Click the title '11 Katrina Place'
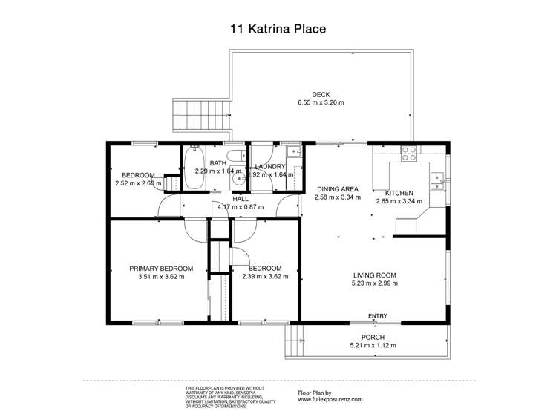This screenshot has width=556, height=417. coord(278,30)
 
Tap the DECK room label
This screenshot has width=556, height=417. coord(320,94)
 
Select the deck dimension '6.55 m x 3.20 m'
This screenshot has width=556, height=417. coord(320,102)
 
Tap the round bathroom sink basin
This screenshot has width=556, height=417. coord(238,178)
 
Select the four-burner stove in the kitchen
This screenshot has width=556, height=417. coord(408,154)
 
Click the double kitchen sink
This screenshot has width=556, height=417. coord(439,177)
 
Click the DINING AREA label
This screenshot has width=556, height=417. coord(338,188)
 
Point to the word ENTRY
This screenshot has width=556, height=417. coord(377,317)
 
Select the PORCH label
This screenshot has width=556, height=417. coord(372,337)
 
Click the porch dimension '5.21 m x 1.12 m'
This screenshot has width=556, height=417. coord(372,345)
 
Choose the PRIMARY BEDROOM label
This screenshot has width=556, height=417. coord(161,269)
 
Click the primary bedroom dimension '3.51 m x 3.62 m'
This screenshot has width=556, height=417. coord(161,277)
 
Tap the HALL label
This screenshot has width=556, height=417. coord(240,199)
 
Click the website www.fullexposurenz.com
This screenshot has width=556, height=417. coord(330,399)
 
